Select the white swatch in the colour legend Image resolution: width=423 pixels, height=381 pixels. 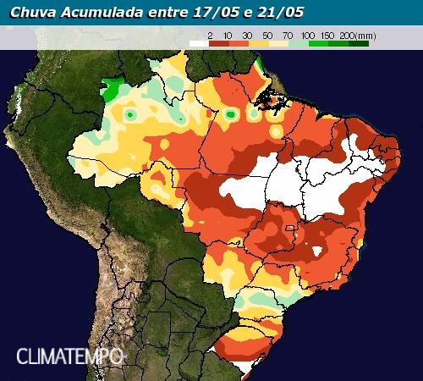pos(199,42)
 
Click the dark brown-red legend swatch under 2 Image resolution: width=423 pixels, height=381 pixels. pos(218,42)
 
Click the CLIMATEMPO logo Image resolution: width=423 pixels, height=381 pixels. pos(70,356)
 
